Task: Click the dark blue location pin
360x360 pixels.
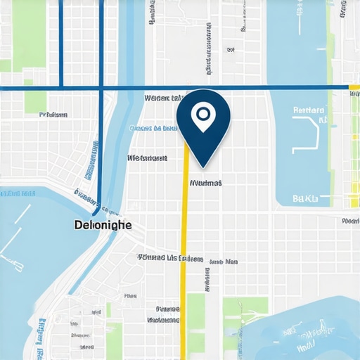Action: pyautogui.click(x=202, y=123)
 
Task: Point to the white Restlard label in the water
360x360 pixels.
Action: pyautogui.click(x=308, y=110)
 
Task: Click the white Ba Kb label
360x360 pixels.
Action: pyautogui.click(x=305, y=199)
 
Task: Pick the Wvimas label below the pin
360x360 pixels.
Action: pyautogui.click(x=206, y=182)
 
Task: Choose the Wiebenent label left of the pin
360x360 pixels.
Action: pyautogui.click(x=147, y=158)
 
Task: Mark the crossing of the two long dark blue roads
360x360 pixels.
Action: pyautogui.click(x=102, y=88)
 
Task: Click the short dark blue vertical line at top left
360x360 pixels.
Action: pyautogui.click(x=61, y=42)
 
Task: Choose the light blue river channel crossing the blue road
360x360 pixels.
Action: pyautogui.click(x=127, y=88)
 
